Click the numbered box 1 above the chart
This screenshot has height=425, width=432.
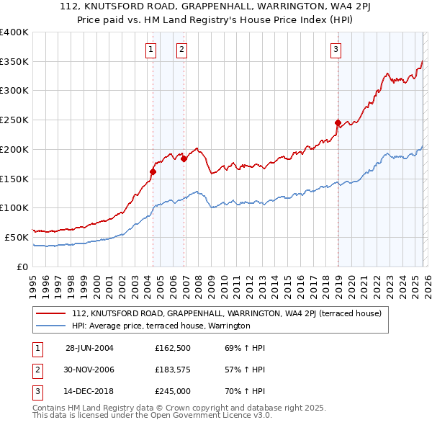150,50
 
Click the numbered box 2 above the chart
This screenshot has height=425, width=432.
181,50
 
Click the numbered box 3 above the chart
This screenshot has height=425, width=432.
336,50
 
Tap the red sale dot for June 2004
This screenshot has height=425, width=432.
153,171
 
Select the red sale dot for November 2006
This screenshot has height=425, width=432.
184,159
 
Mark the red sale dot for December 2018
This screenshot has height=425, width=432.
338,123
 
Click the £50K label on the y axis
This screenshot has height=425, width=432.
17,236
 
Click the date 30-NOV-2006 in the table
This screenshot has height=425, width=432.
89,370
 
